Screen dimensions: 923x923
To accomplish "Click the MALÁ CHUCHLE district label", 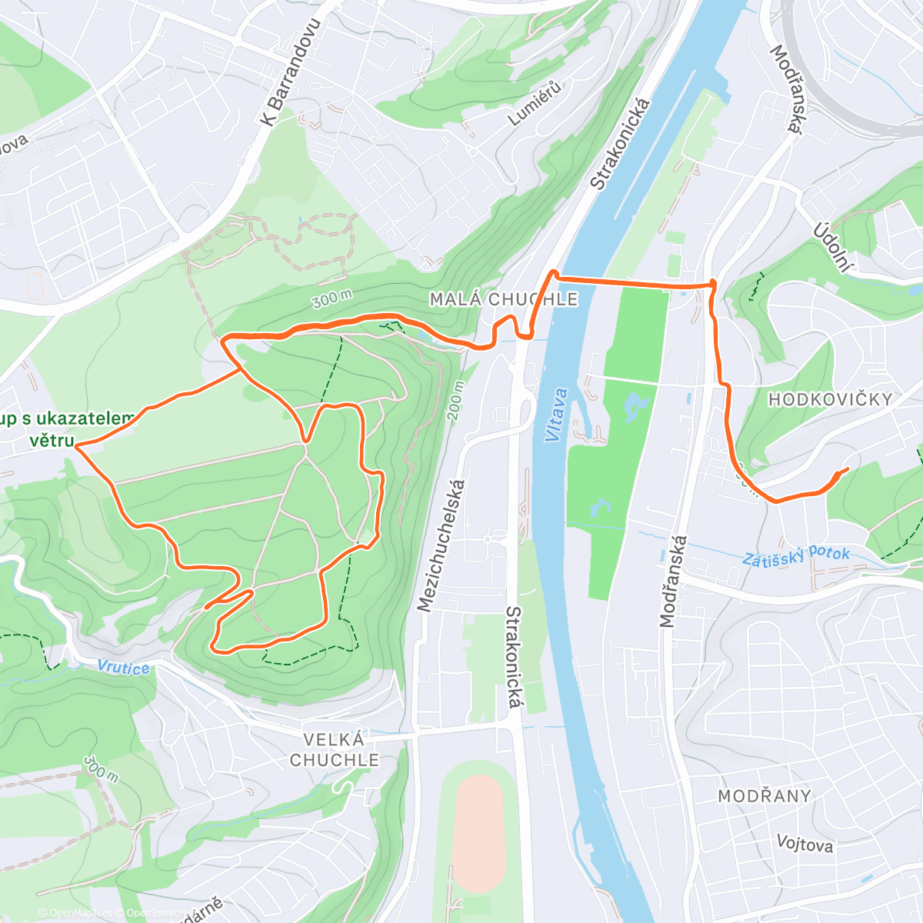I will pyautogui.click(x=503, y=299).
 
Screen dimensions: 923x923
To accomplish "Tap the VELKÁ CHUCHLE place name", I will pyautogui.click(x=334, y=750).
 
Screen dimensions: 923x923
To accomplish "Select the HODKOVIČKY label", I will pyautogui.click(x=831, y=399).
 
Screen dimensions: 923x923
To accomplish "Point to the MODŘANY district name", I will pyautogui.click(x=765, y=796).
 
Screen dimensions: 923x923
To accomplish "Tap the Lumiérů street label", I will pyautogui.click(x=535, y=103).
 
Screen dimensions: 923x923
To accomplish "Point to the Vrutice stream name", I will pyautogui.click(x=124, y=667).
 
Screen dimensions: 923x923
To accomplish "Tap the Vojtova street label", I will pyautogui.click(x=805, y=844).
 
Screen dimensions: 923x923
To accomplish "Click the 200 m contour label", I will pyautogui.click(x=457, y=401).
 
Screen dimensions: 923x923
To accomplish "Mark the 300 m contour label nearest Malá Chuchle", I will pyautogui.click(x=332, y=298).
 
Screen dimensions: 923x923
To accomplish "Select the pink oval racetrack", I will pyautogui.click(x=478, y=834).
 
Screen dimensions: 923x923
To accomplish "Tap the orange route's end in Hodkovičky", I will pyautogui.click(x=848, y=468).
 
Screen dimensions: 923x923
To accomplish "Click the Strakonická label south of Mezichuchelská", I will pyautogui.click(x=513, y=658).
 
